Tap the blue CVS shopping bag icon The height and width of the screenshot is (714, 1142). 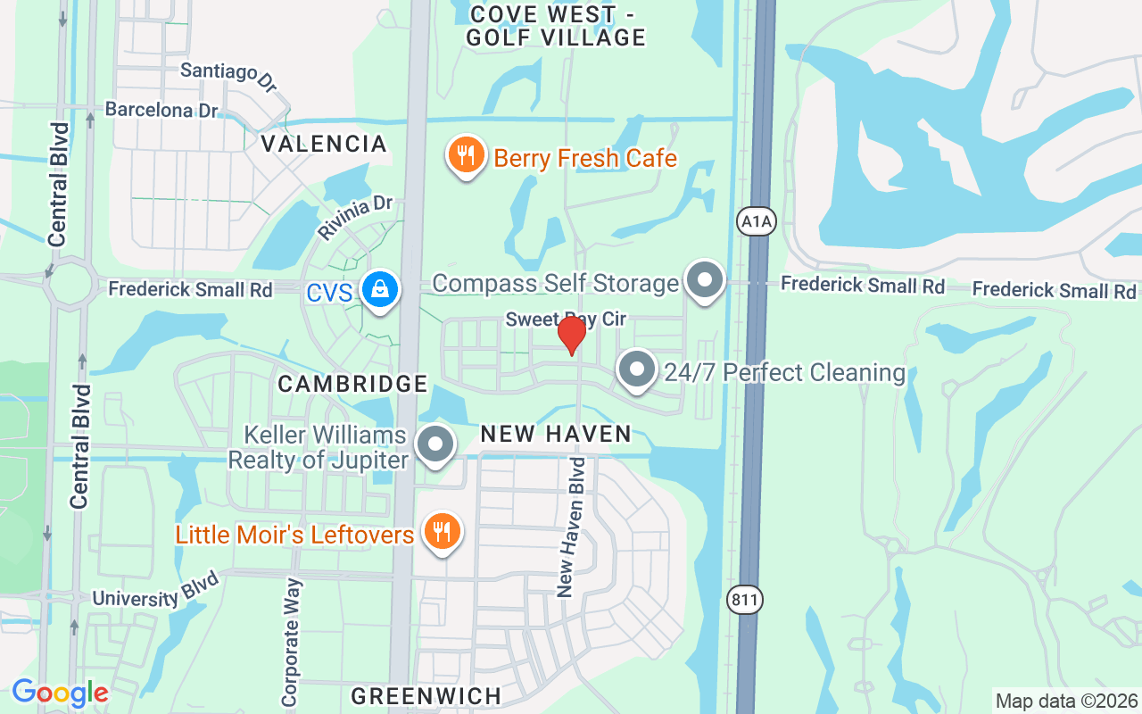(x=380, y=289)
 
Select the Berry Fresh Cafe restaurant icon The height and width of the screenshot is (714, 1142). (x=465, y=156)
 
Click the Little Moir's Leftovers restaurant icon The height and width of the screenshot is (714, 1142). (x=441, y=532)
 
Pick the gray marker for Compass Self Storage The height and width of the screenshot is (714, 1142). (x=705, y=280)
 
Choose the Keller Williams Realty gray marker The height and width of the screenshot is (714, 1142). (x=436, y=444)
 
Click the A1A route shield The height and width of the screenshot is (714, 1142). (x=757, y=221)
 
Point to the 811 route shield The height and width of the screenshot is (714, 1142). (x=745, y=600)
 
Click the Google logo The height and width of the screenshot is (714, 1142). (x=60, y=693)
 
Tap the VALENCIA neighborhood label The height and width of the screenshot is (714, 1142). (x=324, y=144)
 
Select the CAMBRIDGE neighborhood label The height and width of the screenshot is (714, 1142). (x=353, y=384)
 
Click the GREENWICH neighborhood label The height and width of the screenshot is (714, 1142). (x=426, y=695)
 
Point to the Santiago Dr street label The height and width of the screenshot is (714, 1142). (x=229, y=77)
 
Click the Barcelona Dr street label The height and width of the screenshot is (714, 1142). (x=161, y=110)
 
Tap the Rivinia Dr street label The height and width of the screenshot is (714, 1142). (x=354, y=217)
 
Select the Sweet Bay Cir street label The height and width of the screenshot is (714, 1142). (x=566, y=319)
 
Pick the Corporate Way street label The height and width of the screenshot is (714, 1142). (x=292, y=643)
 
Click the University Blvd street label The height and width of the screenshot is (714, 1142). (x=147, y=596)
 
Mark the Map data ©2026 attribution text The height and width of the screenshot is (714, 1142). (x=1066, y=701)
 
